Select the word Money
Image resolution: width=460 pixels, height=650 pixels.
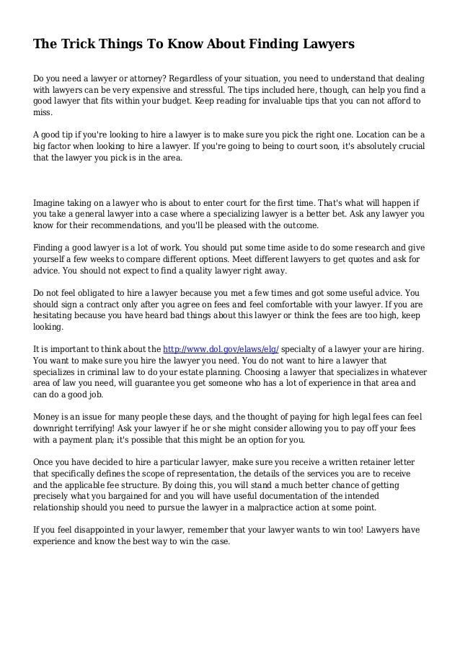point(48,417)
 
